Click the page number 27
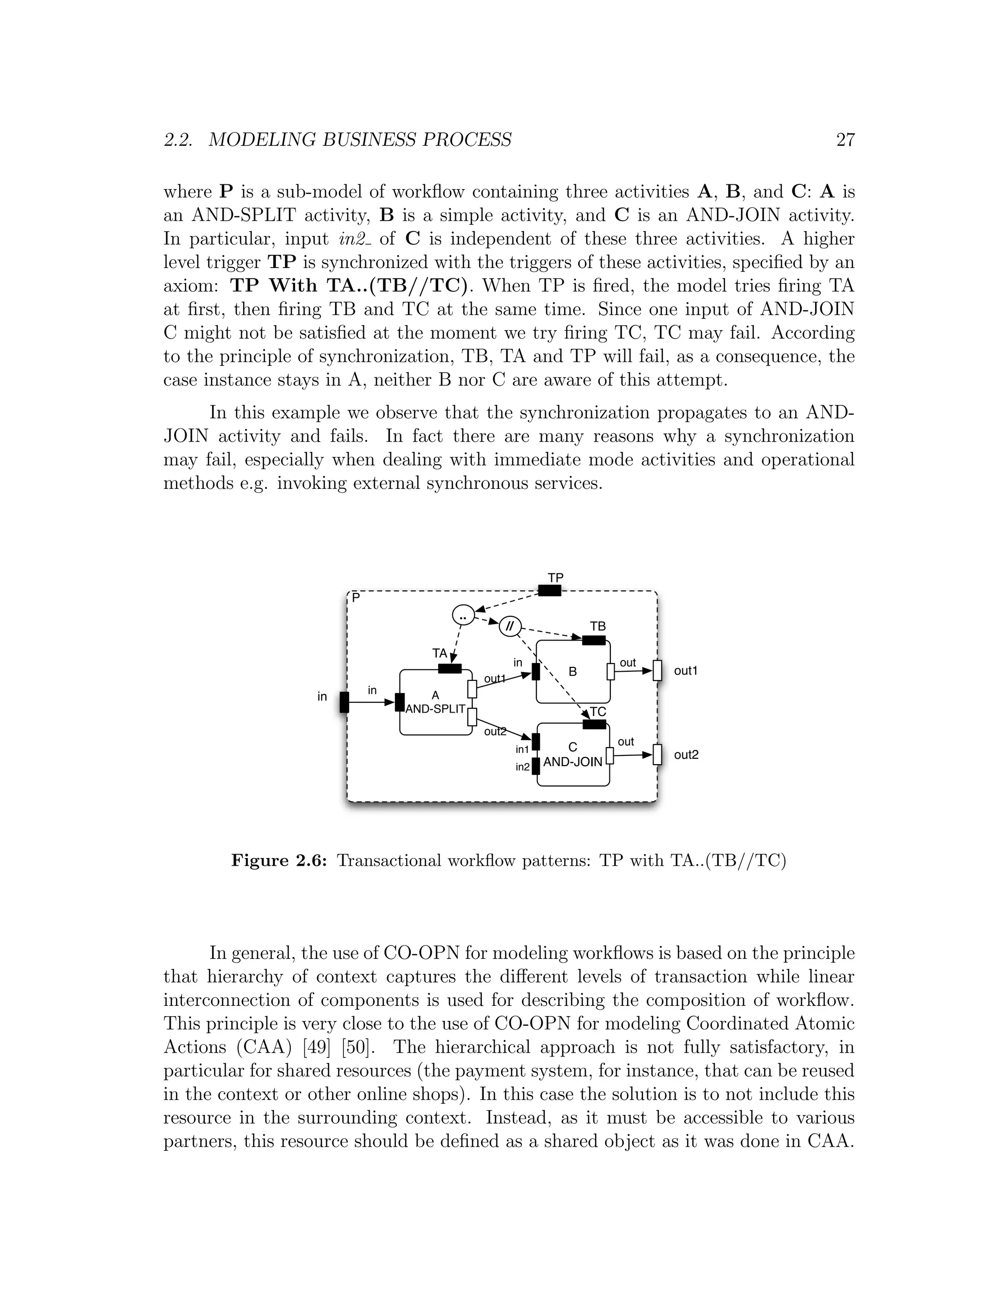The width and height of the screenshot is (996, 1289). click(x=845, y=140)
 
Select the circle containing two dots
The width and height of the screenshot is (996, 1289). click(x=463, y=615)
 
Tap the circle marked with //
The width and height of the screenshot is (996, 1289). click(x=510, y=626)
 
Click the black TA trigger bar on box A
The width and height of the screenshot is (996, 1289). click(x=450, y=669)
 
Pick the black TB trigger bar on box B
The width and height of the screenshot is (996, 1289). click(x=594, y=641)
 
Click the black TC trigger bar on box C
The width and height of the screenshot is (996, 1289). click(x=594, y=724)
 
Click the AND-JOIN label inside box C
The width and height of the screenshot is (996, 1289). click(x=572, y=762)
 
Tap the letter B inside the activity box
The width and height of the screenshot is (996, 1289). click(x=572, y=672)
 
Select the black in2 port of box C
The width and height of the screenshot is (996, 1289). click(x=536, y=766)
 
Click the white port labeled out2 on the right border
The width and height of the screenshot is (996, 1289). click(x=658, y=754)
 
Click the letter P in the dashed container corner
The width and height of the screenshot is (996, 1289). click(x=356, y=598)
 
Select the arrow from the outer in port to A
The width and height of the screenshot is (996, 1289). click(x=372, y=702)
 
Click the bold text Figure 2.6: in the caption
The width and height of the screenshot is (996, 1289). click(x=279, y=860)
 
